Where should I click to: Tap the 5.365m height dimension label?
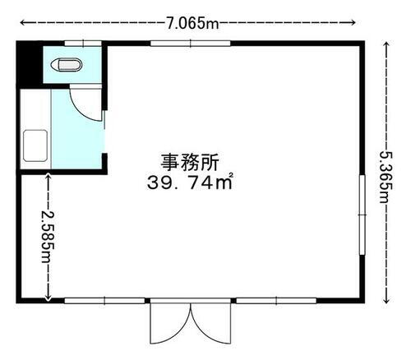point(386,173)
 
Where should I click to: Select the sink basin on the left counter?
point(35,146)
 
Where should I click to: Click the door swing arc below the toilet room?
point(85,103)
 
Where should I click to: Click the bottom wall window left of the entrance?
point(99,301)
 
